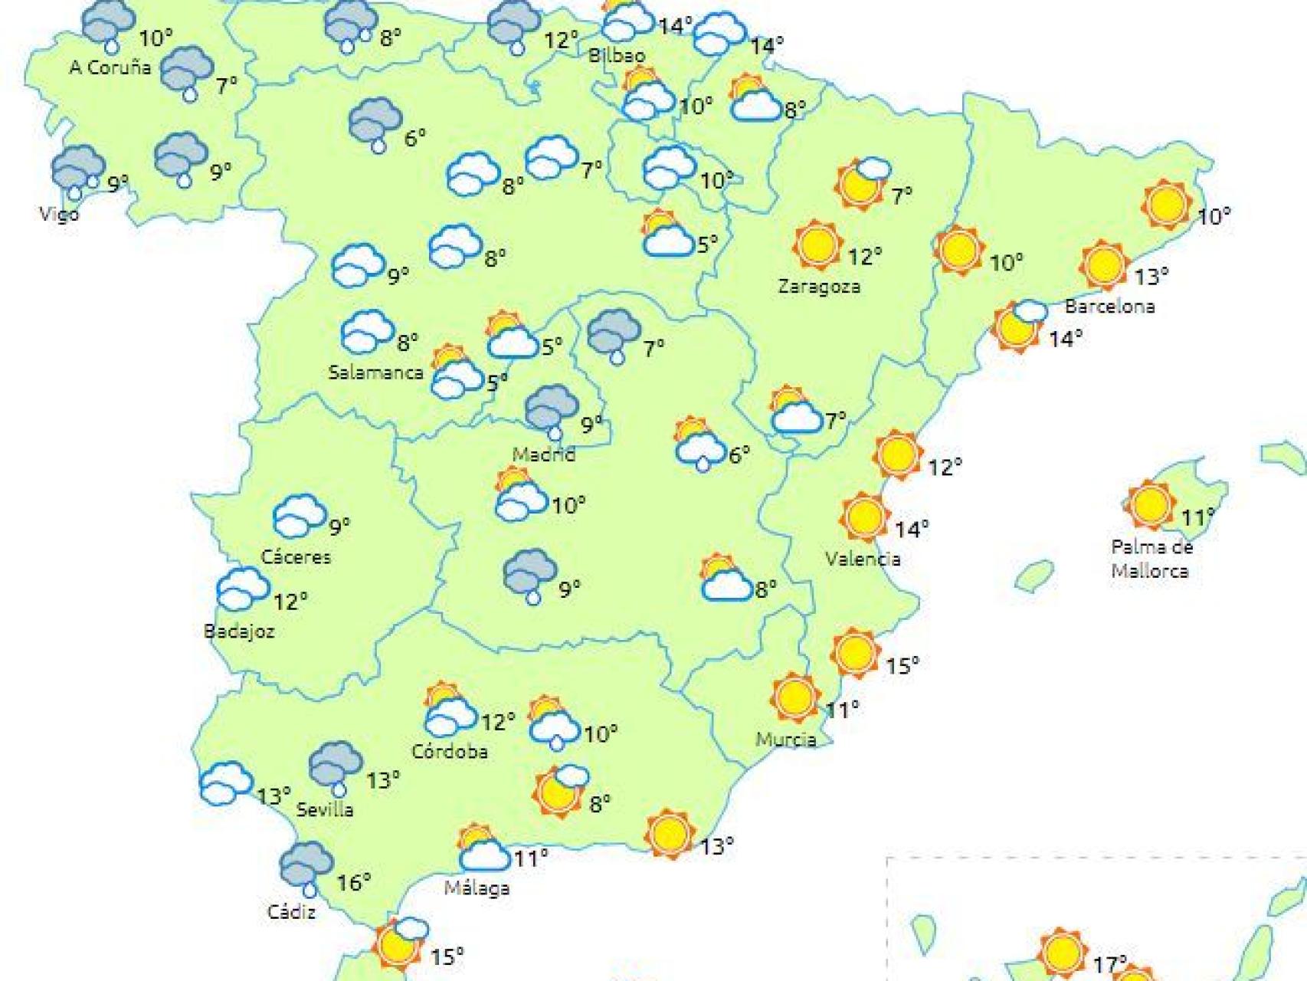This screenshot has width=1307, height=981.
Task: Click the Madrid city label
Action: [543, 454]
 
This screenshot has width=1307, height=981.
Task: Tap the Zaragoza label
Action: [818, 287]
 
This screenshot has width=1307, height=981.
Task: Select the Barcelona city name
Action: [1109, 307]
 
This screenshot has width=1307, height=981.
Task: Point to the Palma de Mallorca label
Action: [1151, 559]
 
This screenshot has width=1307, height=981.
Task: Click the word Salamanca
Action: [375, 372]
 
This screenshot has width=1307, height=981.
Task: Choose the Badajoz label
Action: [239, 632]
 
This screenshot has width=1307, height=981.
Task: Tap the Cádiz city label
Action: [291, 912]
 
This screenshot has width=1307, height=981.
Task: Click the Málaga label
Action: [477, 888]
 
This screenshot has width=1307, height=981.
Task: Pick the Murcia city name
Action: [785, 740]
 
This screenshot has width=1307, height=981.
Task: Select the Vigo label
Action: [59, 213]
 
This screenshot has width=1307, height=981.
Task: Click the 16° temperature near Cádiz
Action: [353, 883]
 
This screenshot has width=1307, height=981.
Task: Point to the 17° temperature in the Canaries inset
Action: [1109, 963]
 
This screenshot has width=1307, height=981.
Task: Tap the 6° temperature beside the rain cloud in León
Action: [414, 138]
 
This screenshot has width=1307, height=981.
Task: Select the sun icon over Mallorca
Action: [1149, 504]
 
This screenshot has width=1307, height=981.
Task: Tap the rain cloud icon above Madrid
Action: [551, 411]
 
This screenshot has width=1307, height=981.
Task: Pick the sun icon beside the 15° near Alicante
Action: [854, 652]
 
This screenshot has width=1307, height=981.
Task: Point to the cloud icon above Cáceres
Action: [299, 515]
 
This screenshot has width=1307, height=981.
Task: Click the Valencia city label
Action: [863, 559]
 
